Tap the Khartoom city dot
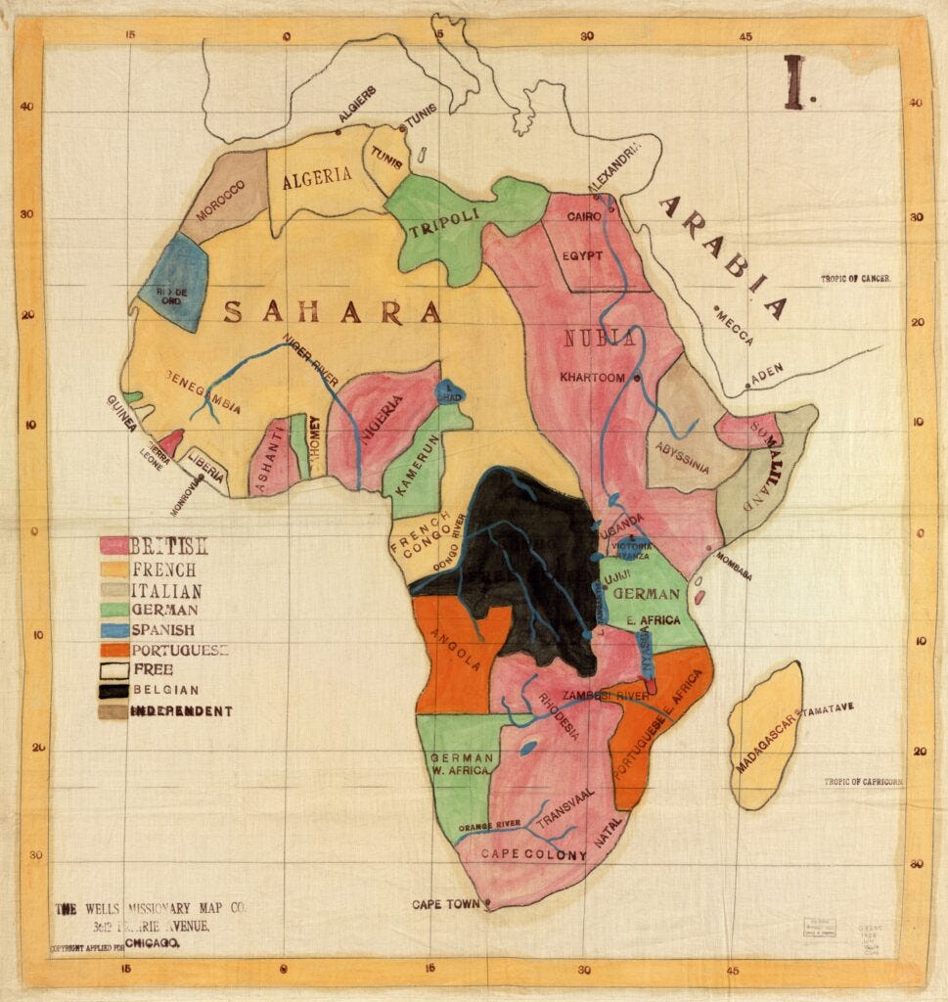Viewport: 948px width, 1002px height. coord(637,378)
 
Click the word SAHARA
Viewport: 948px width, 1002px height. coord(333,312)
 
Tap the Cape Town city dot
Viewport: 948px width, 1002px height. coord(487,902)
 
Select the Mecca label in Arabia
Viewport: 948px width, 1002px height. coord(735,327)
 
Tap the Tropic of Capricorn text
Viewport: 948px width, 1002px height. coord(863,782)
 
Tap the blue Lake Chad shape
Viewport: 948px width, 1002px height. coord(450,391)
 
